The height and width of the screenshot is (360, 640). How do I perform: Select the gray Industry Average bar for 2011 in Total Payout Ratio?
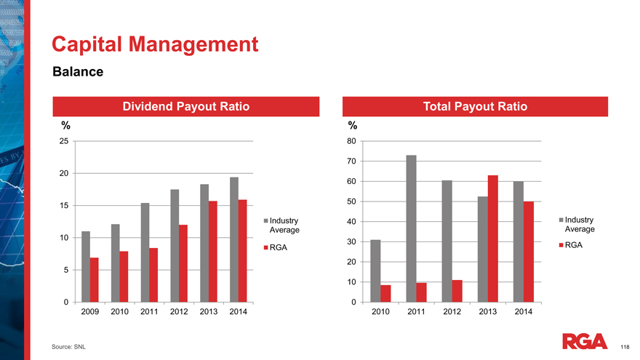pyautogui.click(x=411, y=228)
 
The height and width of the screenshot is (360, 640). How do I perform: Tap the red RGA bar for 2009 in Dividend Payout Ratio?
pyautogui.click(x=94, y=280)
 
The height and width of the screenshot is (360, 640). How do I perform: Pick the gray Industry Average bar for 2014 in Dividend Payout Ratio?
pyautogui.click(x=234, y=239)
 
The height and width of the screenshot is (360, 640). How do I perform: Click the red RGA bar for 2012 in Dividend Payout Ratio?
pyautogui.click(x=183, y=263)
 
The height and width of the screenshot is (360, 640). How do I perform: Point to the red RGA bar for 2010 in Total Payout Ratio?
pyautogui.click(x=385, y=293)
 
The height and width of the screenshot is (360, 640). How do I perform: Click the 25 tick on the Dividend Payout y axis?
pyautogui.click(x=64, y=141)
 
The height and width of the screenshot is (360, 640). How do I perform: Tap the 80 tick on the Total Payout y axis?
pyautogui.click(x=351, y=141)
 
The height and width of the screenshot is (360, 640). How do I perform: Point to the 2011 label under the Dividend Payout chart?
pyautogui.click(x=149, y=312)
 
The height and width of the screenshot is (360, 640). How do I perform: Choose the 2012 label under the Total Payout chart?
pyautogui.click(x=452, y=312)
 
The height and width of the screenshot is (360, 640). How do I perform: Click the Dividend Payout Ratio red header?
pyautogui.click(x=185, y=106)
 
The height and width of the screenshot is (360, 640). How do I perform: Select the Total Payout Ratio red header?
pyautogui.click(x=475, y=106)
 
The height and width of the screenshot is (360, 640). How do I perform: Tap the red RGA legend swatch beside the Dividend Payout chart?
pyautogui.click(x=266, y=247)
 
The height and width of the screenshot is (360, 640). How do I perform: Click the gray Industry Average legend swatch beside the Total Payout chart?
pyautogui.click(x=561, y=220)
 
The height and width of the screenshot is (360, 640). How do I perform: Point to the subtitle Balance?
pyautogui.click(x=77, y=72)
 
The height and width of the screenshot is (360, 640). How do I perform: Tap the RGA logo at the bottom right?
pyautogui.click(x=585, y=341)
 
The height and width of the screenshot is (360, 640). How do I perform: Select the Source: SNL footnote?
pyautogui.click(x=68, y=348)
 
